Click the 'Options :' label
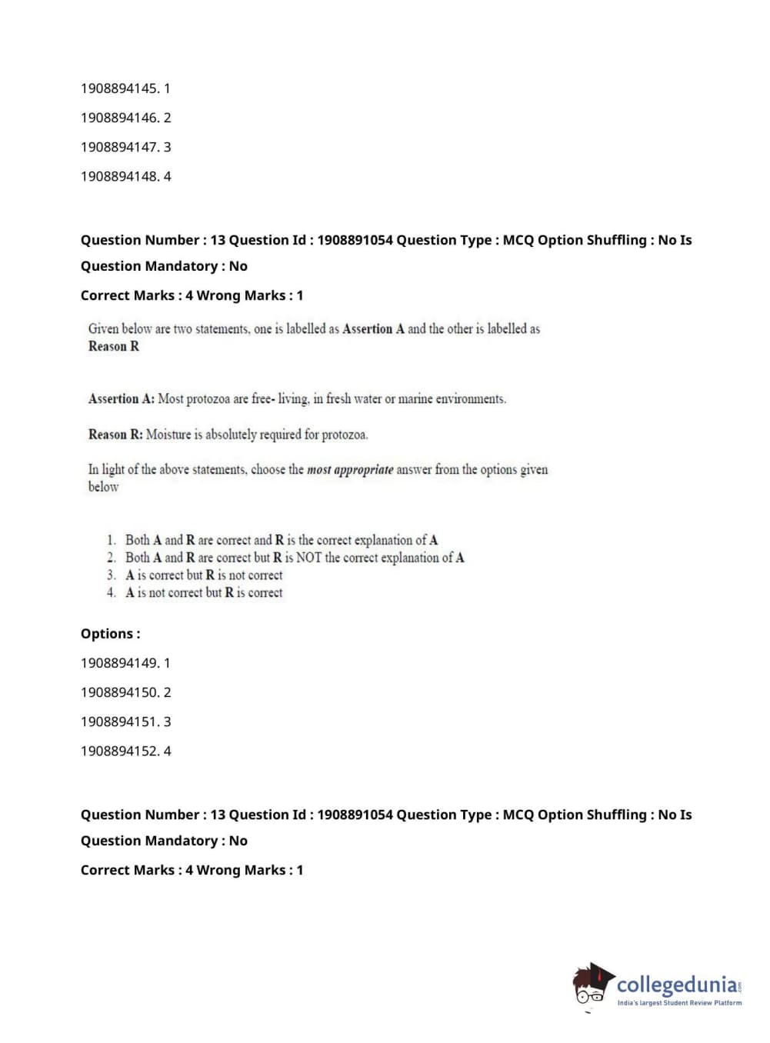point(110,634)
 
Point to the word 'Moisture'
point(168,435)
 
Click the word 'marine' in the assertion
point(415,399)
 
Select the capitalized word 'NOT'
point(308,558)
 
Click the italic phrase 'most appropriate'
point(350,470)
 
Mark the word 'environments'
point(471,399)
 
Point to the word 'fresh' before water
point(338,399)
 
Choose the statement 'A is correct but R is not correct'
point(204,575)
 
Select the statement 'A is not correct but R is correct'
point(204,593)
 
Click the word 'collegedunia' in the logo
point(677,985)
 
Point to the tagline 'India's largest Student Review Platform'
point(679,1003)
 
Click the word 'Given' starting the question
point(103,329)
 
